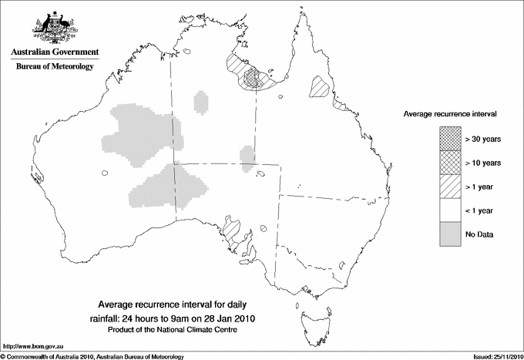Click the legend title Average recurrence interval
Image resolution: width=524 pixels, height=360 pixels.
pos(449,113)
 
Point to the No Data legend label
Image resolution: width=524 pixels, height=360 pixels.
pos(479,234)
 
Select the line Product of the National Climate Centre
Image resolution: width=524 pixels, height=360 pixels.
pos(176,330)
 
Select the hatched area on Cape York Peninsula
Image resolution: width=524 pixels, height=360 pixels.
pos(319,86)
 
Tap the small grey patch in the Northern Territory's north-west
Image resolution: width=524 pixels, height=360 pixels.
pos(201,101)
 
